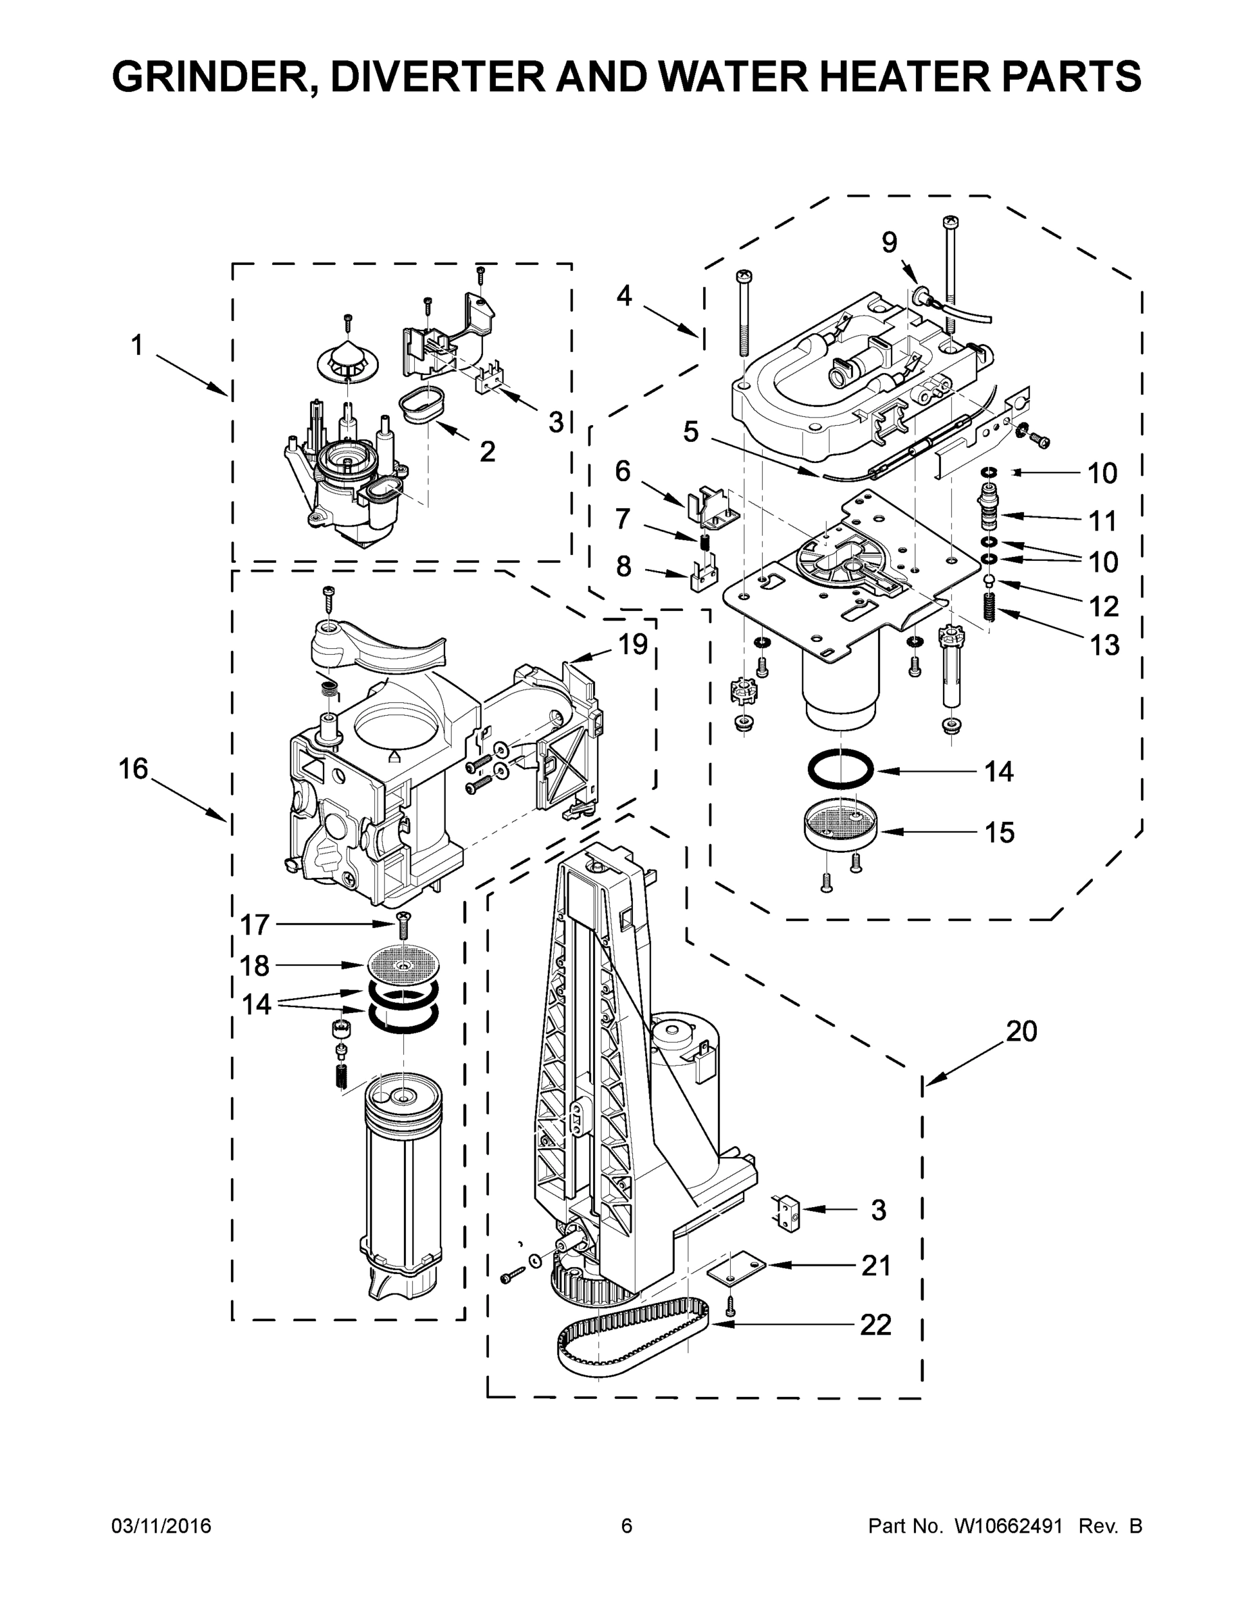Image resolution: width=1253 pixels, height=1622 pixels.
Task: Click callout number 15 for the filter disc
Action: [999, 833]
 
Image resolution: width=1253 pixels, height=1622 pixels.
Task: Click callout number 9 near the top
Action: [890, 242]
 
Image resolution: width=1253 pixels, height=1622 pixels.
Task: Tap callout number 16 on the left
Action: [134, 768]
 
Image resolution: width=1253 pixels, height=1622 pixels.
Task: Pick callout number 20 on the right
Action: [1021, 1031]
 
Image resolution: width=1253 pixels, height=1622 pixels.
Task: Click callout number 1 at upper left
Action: [136, 345]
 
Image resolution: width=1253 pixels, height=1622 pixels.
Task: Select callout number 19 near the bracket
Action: [632, 645]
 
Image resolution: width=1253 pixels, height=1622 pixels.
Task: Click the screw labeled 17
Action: [403, 924]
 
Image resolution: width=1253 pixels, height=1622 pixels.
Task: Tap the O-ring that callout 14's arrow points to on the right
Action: [840, 772]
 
